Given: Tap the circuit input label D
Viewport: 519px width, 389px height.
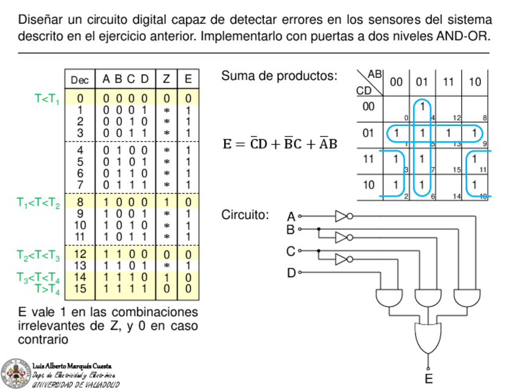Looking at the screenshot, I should click(291, 273).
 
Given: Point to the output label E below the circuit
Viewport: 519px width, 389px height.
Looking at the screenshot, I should click(428, 379).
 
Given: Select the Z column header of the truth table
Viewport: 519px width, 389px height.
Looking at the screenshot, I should click(166, 79).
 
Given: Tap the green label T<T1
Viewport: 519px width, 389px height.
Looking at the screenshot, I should click(47, 98).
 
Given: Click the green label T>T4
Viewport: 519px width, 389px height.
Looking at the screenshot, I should click(47, 288).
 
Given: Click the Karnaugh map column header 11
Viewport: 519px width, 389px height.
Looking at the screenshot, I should click(449, 82).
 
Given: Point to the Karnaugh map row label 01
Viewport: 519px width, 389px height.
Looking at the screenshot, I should click(367, 133).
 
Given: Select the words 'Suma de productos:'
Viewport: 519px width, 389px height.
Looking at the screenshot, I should click(279, 76).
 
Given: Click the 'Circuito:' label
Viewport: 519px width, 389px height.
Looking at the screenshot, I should click(245, 215).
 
